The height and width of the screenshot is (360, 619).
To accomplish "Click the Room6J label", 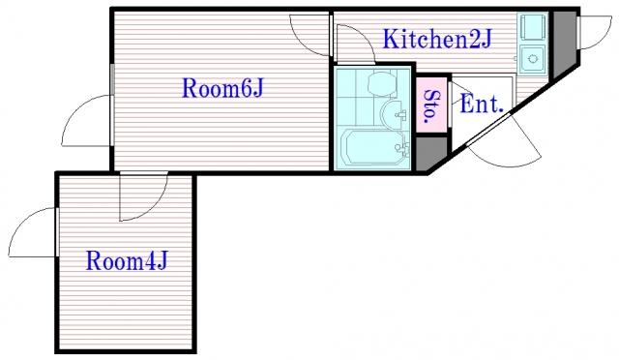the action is (222, 88).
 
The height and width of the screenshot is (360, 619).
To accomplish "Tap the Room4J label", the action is (127, 261).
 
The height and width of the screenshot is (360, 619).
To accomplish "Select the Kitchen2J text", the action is (436, 39).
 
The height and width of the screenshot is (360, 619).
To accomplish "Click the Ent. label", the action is (482, 104).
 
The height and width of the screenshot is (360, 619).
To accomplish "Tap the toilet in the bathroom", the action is (382, 83).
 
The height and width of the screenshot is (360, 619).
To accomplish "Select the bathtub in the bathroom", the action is (375, 146).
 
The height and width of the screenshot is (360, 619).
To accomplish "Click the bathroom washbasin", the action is (394, 114).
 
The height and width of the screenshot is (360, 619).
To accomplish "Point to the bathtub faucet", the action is (401, 148).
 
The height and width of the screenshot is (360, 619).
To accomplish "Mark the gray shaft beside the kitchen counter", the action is (565, 43).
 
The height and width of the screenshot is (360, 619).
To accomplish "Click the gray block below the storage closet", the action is (431, 154).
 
